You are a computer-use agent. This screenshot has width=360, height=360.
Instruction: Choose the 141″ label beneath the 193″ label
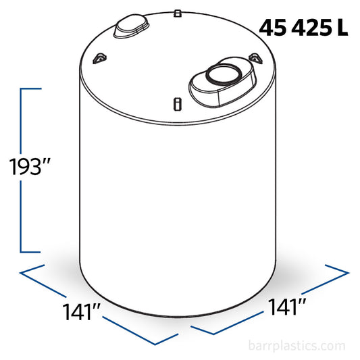[82, 312]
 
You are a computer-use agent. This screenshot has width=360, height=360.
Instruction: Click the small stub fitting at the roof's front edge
[177, 103]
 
